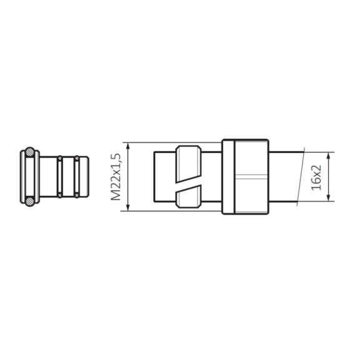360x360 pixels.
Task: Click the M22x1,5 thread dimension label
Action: [x=116, y=177]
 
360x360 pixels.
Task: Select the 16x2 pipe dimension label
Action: [x=316, y=177]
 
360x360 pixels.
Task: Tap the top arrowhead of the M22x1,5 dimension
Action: [x=128, y=146]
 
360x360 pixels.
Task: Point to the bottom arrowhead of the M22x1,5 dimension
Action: [x=128, y=207]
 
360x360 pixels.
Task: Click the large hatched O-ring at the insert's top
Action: [x=30, y=152]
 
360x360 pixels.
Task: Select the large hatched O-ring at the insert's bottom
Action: [x=30, y=202]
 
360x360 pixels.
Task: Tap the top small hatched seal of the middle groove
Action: [x=60, y=158]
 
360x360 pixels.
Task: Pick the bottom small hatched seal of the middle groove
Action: [x=60, y=196]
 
